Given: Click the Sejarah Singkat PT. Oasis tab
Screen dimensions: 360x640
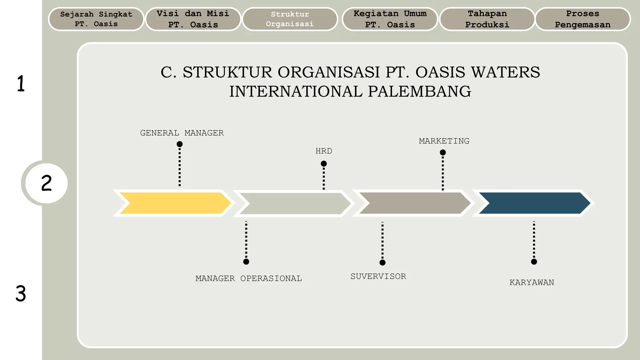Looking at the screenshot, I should [96, 19].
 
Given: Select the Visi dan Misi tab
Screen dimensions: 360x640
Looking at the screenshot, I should [193, 19].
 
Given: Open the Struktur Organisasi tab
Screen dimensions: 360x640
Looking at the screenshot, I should [290, 19].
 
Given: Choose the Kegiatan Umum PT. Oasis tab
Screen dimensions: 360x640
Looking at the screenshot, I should [390, 19].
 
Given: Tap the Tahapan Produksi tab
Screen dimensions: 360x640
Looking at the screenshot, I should [487, 19].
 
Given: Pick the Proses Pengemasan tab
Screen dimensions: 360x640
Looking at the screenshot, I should [582, 19].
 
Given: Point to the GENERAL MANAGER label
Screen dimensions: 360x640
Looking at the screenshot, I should [182, 133].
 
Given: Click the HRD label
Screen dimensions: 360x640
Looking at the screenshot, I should [324, 151].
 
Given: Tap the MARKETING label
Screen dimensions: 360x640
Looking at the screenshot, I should [444, 141].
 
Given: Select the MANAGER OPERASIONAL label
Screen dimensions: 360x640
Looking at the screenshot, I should [248, 278].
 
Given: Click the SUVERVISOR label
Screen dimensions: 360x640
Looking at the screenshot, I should [378, 277].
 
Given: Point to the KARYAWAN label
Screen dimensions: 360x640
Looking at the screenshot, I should [532, 282].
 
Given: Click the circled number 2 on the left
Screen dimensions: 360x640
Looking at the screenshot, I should [46, 183].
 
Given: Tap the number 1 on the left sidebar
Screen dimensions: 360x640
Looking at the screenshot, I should [21, 83].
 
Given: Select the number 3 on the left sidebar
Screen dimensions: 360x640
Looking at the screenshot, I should [21, 294].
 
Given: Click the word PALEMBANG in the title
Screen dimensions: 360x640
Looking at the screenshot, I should [419, 92].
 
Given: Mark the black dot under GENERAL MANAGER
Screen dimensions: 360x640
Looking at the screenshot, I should [179, 144].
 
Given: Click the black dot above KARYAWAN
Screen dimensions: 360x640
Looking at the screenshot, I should [534, 262].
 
